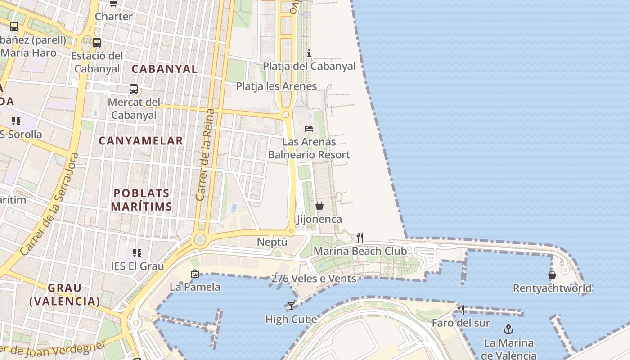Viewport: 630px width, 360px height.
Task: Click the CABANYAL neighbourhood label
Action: click(x=164, y=69)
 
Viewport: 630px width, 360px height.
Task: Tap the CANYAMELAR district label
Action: click(x=141, y=141)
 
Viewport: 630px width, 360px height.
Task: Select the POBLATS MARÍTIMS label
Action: click(x=141, y=200)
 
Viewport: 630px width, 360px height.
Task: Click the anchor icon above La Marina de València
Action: click(x=508, y=329)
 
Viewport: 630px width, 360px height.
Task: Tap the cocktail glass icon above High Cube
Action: click(x=291, y=306)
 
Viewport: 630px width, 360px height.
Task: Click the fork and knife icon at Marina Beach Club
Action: click(x=360, y=237)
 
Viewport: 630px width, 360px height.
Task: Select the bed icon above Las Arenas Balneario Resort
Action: click(x=309, y=128)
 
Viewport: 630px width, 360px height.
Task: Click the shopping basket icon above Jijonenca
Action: click(x=319, y=206)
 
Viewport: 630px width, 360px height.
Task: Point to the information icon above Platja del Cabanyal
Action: click(x=309, y=53)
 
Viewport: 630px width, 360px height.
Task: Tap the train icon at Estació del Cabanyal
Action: click(x=96, y=43)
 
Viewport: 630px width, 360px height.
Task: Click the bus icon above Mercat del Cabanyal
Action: click(x=134, y=89)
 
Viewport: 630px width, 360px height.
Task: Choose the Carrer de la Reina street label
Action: click(x=205, y=155)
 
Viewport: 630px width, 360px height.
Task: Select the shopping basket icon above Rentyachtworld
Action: click(x=552, y=274)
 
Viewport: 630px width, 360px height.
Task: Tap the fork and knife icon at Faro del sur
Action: click(x=460, y=309)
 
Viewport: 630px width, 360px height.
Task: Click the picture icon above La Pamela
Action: click(x=195, y=273)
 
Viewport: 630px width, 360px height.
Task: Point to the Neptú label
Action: click(x=272, y=242)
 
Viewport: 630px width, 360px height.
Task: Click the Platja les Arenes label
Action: click(x=276, y=86)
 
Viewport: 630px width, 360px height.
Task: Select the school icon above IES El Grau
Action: click(x=137, y=252)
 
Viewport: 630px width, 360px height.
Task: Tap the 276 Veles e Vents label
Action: click(x=313, y=279)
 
